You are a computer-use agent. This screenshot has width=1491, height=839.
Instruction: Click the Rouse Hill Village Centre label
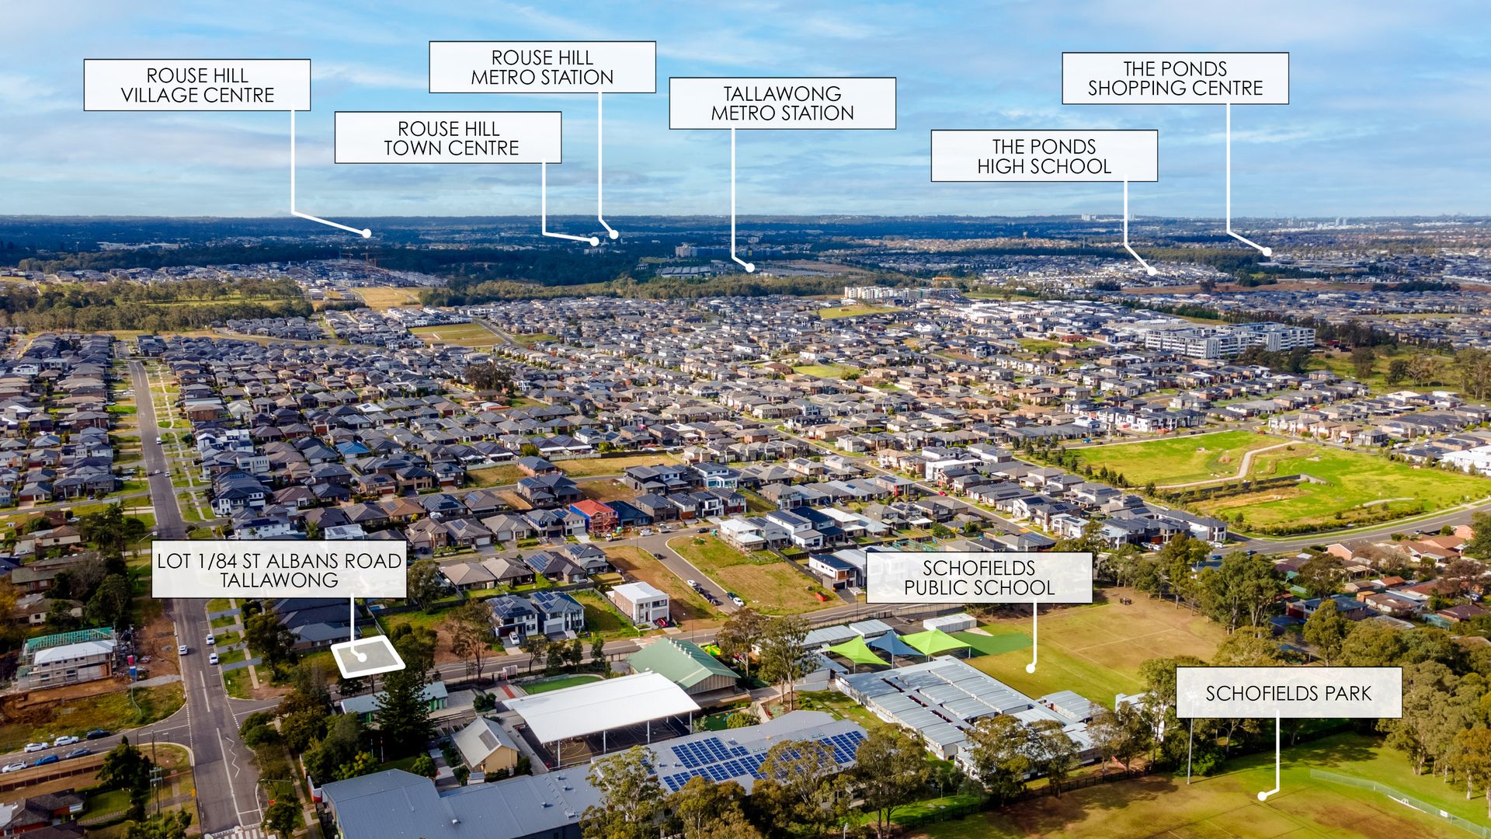(197, 85)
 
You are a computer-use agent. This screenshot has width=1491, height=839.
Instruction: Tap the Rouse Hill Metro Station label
(542, 68)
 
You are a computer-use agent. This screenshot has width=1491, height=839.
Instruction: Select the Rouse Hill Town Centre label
(448, 138)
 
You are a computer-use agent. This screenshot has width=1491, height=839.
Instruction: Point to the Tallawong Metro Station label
(782, 103)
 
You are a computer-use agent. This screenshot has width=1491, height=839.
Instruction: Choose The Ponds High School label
(1044, 156)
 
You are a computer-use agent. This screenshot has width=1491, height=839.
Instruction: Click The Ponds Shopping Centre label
(1175, 78)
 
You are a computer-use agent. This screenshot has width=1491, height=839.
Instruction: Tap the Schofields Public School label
(978, 578)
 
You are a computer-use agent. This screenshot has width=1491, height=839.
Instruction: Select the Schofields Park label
(1288, 693)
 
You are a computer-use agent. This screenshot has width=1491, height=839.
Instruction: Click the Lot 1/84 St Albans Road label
(279, 570)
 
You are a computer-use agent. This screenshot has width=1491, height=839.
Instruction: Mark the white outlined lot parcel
(367, 657)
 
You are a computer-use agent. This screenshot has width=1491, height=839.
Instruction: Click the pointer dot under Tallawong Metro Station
(750, 268)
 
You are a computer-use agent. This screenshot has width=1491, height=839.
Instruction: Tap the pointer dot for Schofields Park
(1263, 796)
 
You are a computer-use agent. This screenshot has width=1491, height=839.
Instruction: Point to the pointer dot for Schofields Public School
(1031, 667)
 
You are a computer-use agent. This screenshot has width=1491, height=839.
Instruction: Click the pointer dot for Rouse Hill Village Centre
(367, 233)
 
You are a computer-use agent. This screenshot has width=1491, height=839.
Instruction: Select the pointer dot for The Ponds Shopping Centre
(1267, 252)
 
